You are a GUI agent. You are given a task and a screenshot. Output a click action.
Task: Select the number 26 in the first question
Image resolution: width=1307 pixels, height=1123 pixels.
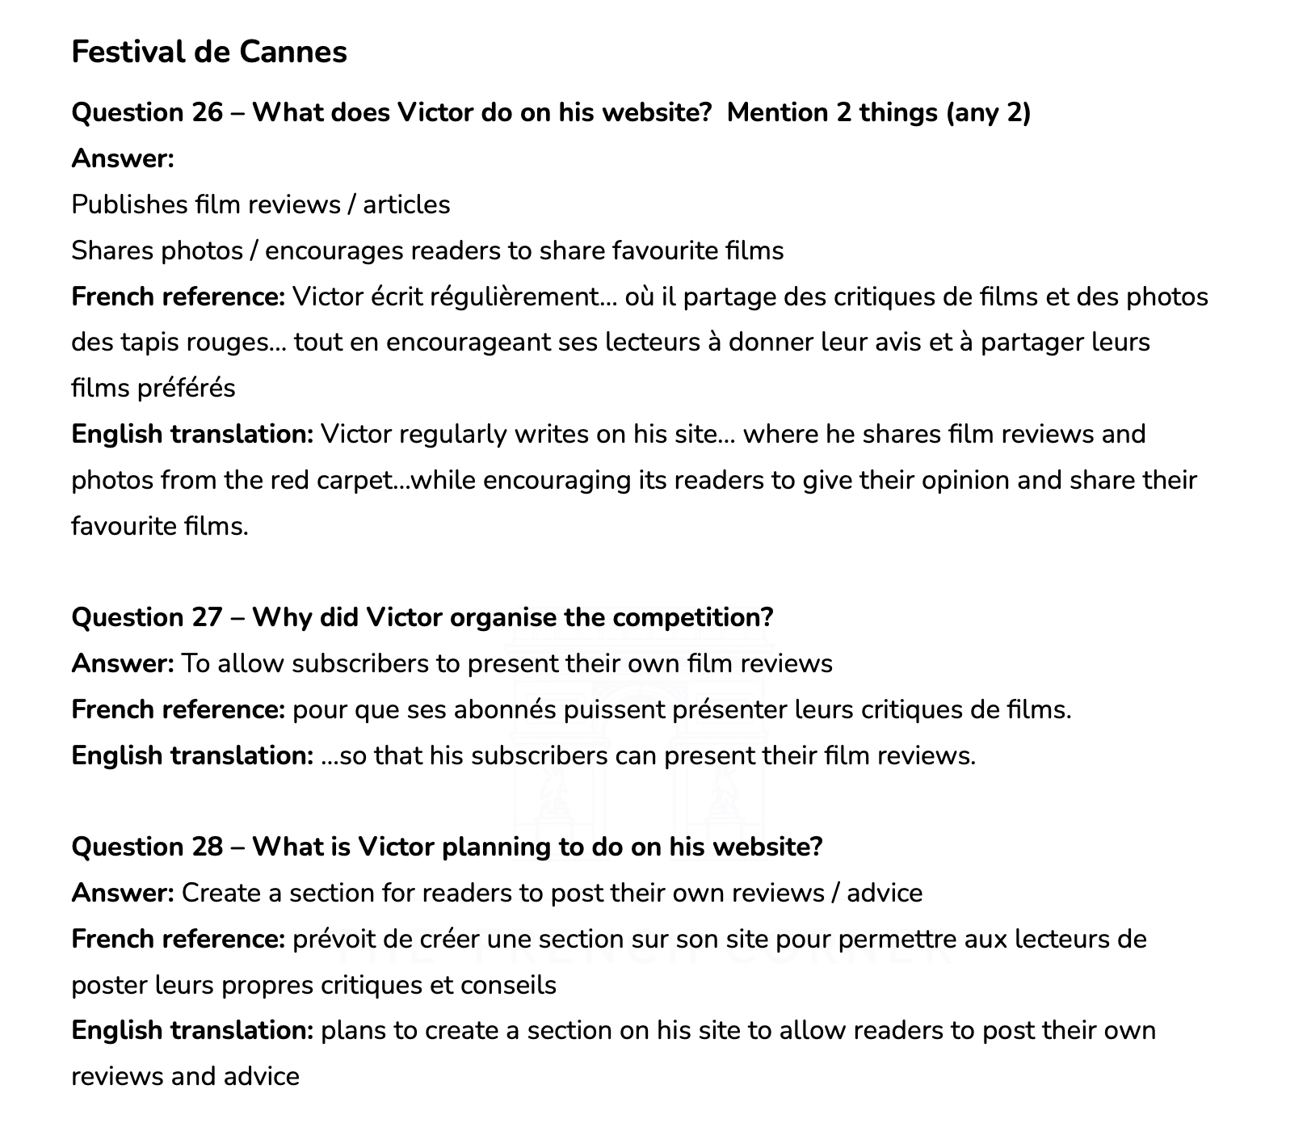(x=207, y=112)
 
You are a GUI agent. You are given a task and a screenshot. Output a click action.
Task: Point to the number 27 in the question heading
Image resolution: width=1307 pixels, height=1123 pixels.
(x=207, y=617)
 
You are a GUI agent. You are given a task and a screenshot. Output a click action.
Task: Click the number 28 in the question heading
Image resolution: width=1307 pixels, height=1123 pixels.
(x=207, y=847)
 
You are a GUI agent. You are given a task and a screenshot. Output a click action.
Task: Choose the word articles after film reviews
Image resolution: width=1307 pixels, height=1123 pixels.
(x=406, y=204)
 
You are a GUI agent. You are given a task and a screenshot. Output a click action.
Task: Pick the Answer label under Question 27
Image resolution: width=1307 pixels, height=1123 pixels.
(x=122, y=664)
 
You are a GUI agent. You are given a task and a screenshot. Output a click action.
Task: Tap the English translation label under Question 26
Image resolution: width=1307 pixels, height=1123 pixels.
(x=192, y=435)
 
